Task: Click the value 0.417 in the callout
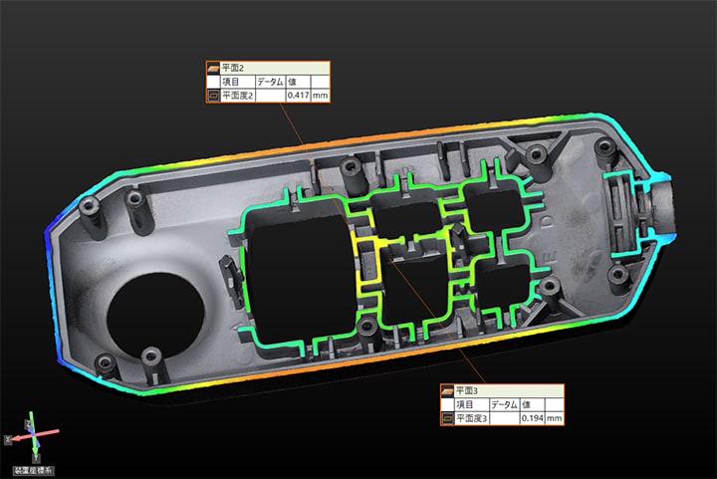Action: (x=298, y=96)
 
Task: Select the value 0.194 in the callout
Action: (x=532, y=418)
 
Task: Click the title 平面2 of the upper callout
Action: (x=233, y=68)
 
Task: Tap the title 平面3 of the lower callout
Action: (x=467, y=390)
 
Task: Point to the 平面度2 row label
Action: (x=237, y=96)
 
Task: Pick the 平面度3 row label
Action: (x=472, y=418)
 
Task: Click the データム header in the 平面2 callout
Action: (x=270, y=82)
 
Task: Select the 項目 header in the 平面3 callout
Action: (x=465, y=404)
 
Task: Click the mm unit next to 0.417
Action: (x=320, y=96)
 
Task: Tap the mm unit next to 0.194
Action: (x=555, y=418)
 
